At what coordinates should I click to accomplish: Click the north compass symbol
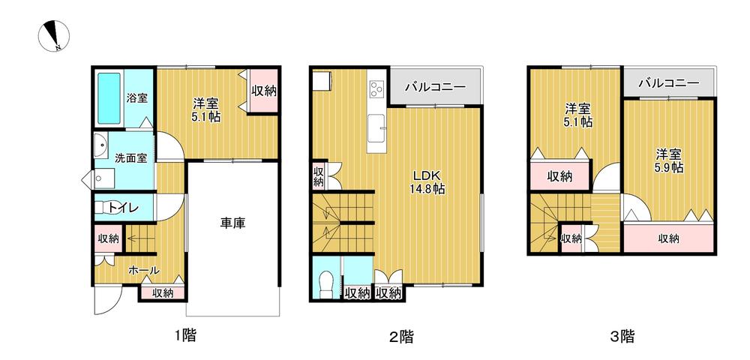[x=53, y=36]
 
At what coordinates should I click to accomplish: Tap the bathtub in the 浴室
[x=109, y=98]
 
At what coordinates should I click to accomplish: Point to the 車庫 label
[x=233, y=223]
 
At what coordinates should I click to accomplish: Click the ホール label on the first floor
[x=143, y=270]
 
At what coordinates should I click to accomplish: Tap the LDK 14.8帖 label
[x=427, y=182]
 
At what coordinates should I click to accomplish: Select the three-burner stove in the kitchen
[x=377, y=90]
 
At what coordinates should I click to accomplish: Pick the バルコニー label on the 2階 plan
[x=435, y=87]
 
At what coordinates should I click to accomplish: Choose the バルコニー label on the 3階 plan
[x=669, y=82]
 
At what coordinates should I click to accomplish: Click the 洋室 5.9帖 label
[x=669, y=160]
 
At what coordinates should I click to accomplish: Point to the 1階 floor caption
[x=184, y=335]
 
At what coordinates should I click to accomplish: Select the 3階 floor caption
[x=622, y=336]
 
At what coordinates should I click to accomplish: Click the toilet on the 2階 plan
[x=327, y=284]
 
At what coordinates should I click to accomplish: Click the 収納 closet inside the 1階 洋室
[x=263, y=91]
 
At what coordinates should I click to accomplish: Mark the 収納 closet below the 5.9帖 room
[x=668, y=238]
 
